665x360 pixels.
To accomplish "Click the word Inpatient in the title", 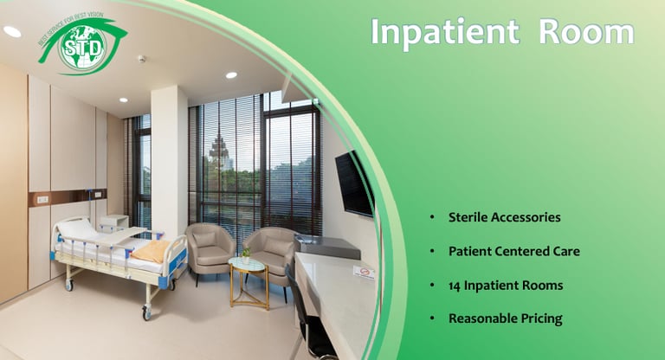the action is pos(445,32).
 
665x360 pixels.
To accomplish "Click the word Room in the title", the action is pos(586,32).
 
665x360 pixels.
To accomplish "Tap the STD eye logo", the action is pos(83,45).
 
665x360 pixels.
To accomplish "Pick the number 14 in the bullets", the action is pos(455,286).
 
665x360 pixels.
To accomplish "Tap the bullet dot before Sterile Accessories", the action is pos(432,217).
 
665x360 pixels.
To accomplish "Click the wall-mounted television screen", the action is pos(354,184).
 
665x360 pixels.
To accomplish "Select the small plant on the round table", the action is pos(246,255).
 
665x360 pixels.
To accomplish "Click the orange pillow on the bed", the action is pos(152,251).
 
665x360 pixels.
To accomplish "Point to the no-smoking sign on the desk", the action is pos(365,273).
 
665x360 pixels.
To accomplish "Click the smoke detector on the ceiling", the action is pos(142,59).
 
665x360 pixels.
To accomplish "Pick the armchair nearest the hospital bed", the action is pos(210,250).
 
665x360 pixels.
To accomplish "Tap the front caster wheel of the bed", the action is pos(146,312).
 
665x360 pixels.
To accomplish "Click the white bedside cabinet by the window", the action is pos(114,222).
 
